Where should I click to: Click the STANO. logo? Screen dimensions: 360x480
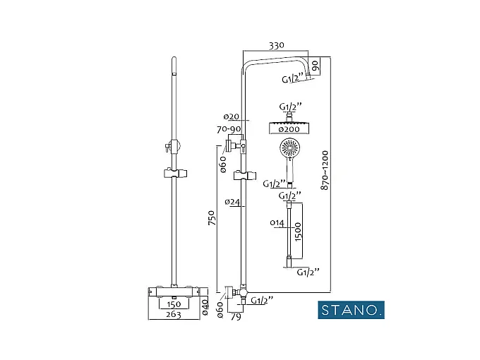[350, 309]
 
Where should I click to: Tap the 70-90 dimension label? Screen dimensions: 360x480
[229, 129]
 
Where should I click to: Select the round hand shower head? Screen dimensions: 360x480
[289, 149]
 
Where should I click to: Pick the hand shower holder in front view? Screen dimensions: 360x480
[174, 173]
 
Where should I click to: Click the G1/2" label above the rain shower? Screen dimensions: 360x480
[291, 107]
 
